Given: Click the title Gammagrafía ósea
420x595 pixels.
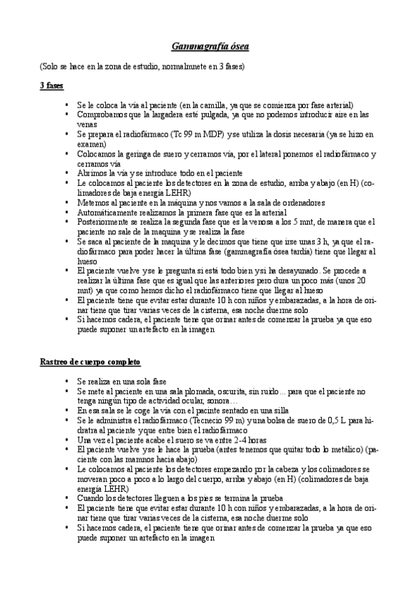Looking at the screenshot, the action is coord(210,47).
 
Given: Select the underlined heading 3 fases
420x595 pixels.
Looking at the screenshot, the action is coord(51,86).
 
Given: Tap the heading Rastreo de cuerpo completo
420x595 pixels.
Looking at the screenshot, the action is coord(90,361).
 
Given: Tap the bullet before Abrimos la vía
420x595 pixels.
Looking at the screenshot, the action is coord(67,173).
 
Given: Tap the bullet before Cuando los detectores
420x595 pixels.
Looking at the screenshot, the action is coord(67,497).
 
